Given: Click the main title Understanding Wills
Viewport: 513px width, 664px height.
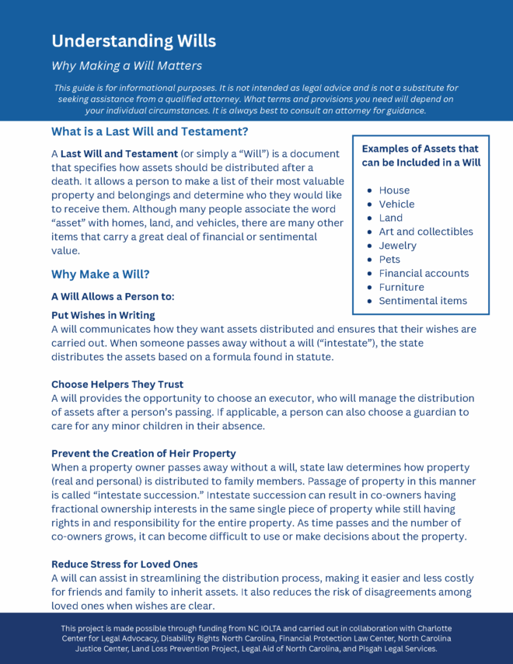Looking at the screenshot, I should [x=134, y=40].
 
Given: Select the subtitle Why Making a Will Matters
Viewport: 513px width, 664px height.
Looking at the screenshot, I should [x=127, y=65].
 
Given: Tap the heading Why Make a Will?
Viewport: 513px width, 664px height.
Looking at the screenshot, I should [x=100, y=274].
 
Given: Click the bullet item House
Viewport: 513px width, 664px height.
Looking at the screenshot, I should [x=394, y=190].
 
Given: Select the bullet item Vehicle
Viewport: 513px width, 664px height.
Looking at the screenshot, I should [x=396, y=204].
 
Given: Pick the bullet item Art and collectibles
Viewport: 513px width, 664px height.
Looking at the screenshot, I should [x=425, y=232].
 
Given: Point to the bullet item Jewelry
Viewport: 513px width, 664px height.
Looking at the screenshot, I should [x=397, y=246].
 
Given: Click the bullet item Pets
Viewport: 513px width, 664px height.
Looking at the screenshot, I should [x=389, y=259].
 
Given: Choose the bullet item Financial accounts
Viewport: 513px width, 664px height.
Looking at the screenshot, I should [x=424, y=273].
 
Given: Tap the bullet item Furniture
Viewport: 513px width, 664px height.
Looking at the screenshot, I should [x=401, y=287].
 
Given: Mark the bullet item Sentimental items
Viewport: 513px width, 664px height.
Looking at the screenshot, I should [x=423, y=301].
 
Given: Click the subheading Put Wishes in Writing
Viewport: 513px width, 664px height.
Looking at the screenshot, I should [x=103, y=315].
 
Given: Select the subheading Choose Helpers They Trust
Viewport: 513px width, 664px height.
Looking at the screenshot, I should [x=116, y=384].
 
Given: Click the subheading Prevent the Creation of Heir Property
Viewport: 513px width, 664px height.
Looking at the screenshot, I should [x=144, y=453].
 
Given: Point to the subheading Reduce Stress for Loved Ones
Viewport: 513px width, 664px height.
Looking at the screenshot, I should [x=124, y=564].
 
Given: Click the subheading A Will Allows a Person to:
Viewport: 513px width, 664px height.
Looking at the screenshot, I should [x=113, y=296].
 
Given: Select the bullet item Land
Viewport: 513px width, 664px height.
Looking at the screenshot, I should [x=391, y=218].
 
